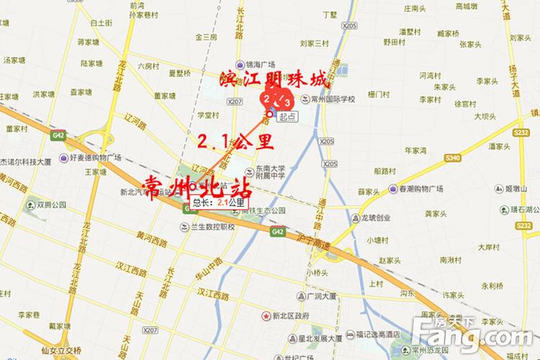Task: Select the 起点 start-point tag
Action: (287, 116)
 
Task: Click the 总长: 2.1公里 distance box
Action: (218, 203)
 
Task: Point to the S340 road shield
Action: (453, 157)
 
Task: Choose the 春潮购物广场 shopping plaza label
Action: (435, 189)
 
